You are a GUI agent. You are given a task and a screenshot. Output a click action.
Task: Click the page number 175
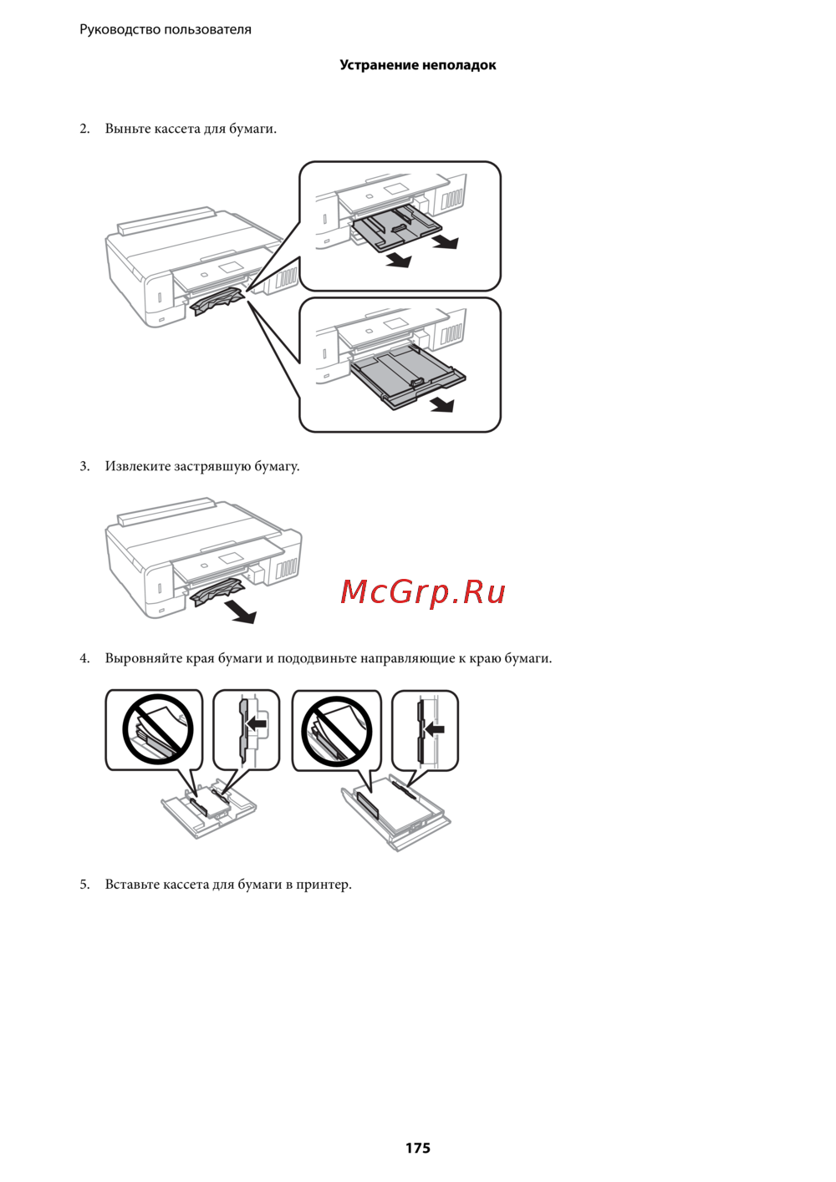click(418, 1148)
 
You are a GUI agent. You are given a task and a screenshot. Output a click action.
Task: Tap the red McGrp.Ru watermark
click(423, 592)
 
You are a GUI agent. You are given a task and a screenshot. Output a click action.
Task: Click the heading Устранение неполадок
click(418, 65)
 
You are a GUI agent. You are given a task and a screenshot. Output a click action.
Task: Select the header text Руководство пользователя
click(166, 29)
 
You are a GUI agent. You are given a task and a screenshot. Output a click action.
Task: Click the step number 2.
click(84, 129)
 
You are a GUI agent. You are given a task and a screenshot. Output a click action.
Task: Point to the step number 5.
click(84, 885)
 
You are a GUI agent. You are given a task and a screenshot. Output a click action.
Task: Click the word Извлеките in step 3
click(138, 466)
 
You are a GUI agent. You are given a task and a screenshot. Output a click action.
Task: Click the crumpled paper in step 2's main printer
click(217, 303)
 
